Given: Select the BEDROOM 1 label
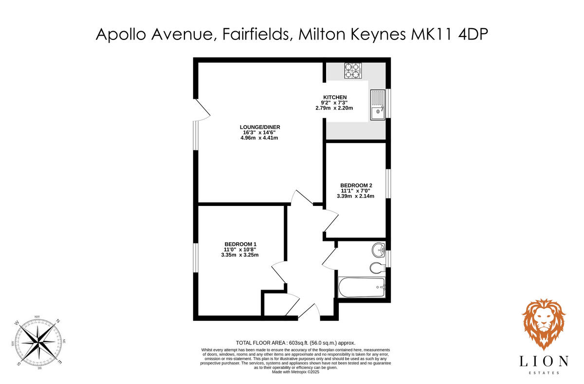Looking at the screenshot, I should tap(240, 244).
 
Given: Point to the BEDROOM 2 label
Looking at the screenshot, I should tap(356, 185).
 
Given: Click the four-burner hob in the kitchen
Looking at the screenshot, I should tap(352, 71).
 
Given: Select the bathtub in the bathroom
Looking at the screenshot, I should tap(361, 288).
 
